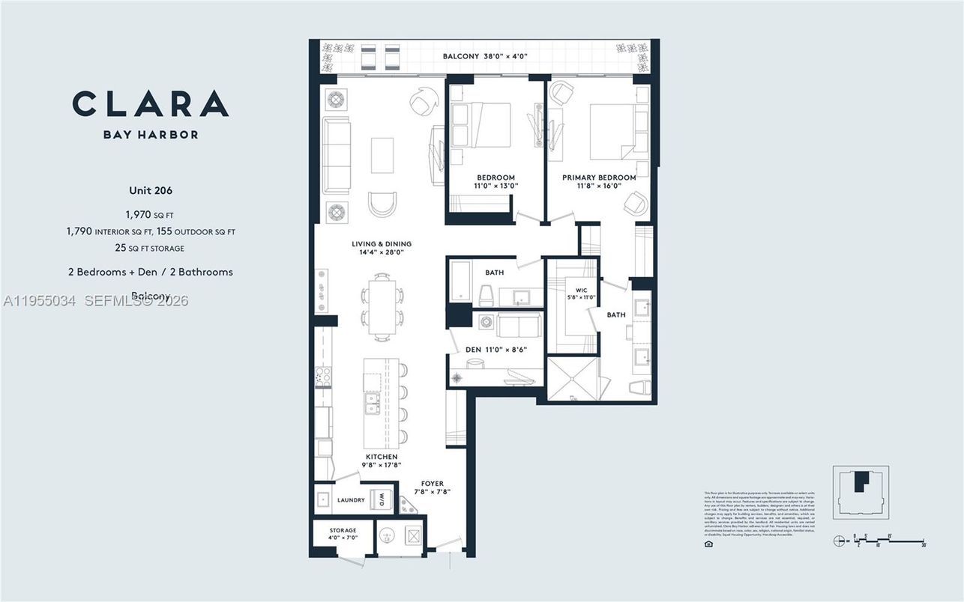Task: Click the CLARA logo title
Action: [x=150, y=103]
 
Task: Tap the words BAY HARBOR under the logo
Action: [x=151, y=135]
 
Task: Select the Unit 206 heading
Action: [x=151, y=190]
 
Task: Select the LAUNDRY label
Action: [x=351, y=500]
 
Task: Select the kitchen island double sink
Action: [x=371, y=404]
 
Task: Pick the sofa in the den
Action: [x=517, y=326]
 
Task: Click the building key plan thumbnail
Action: [x=861, y=491]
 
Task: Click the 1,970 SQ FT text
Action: [x=151, y=215]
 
